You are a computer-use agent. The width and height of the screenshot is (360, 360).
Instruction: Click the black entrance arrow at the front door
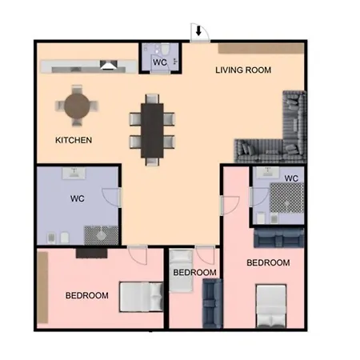tap(198, 30)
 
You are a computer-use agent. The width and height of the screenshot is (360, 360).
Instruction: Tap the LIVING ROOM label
tap(243, 70)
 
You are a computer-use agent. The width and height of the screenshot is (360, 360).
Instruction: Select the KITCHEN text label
tap(74, 140)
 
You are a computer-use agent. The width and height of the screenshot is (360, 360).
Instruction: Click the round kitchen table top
tap(77, 106)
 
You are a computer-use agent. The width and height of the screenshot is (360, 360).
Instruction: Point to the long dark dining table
tap(152, 130)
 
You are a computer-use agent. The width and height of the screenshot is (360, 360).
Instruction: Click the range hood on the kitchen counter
tap(109, 65)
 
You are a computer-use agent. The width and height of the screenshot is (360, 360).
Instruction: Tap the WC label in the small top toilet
tap(160, 62)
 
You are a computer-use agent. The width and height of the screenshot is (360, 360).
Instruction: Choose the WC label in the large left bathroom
tap(78, 198)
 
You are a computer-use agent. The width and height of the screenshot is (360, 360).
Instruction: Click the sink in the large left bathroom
tap(74, 173)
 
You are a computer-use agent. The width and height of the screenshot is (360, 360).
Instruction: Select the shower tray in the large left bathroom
tap(102, 235)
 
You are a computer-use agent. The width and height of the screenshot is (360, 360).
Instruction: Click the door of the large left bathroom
tap(110, 198)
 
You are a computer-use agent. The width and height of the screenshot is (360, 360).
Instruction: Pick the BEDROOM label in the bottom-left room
tap(87, 295)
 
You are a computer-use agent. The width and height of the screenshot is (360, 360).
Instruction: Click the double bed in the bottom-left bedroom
tap(142, 297)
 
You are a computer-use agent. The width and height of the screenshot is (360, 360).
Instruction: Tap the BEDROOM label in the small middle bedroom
tap(194, 273)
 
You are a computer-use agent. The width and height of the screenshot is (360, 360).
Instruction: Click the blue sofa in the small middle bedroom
tap(213, 303)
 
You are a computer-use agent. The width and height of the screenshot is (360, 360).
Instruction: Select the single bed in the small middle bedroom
tap(181, 270)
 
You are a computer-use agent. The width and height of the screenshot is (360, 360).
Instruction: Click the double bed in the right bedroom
tap(271, 306)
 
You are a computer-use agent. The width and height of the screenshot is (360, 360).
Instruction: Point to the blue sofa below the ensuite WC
tap(279, 238)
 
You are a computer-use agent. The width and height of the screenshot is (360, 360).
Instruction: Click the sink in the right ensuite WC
tap(268, 173)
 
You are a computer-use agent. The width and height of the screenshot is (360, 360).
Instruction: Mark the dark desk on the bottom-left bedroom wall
tap(92, 254)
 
